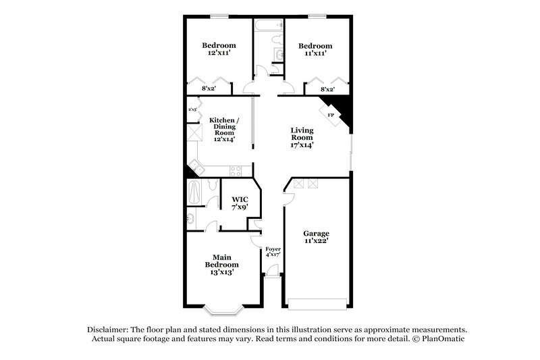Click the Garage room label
317,232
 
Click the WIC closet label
240,199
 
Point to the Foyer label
273,249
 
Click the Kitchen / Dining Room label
221,123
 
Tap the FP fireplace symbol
331,115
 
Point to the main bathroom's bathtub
193,193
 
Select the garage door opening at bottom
317,301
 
